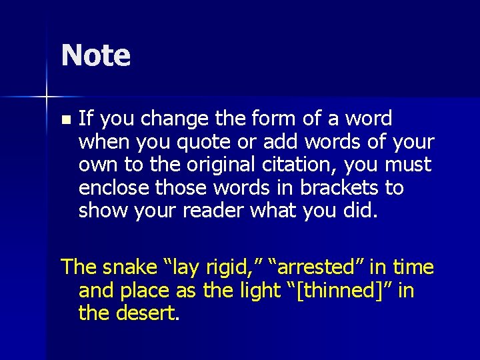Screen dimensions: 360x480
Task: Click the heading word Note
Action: pos(95,55)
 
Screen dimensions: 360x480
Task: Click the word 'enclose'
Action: pos(112,187)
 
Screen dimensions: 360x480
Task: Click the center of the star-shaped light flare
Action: pos(47,97)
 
